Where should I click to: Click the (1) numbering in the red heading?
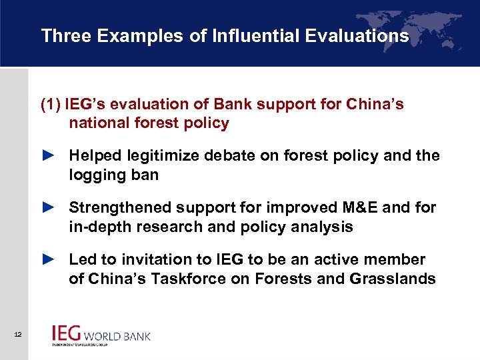click(51, 105)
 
